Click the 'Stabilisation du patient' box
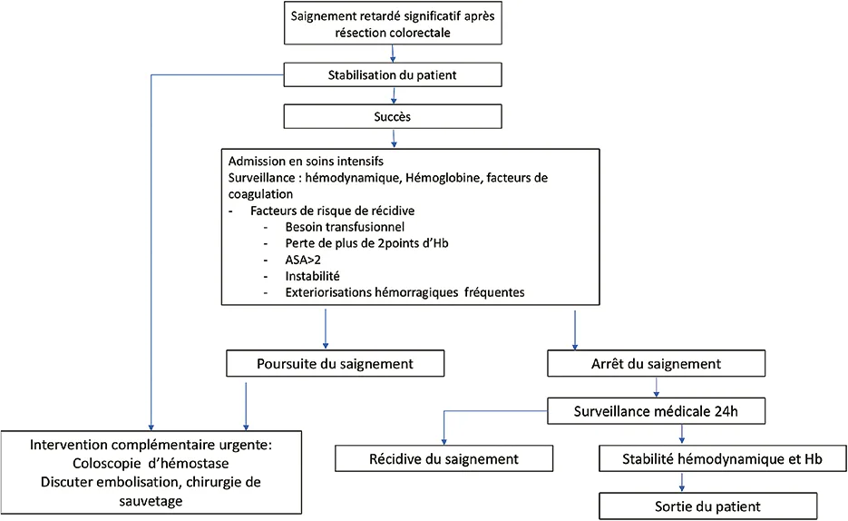click(x=394, y=74)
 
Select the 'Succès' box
click(x=394, y=117)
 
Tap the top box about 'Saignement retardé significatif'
click(x=394, y=24)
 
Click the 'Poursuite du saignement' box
click(x=336, y=364)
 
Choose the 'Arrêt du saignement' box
click(x=650, y=364)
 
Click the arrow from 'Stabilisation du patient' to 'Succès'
click(x=394, y=95)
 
